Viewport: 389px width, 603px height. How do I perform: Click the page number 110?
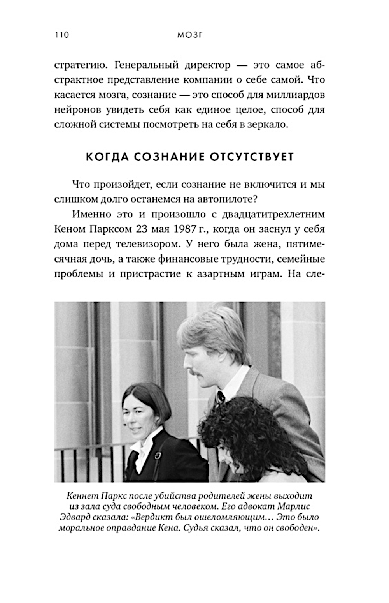[x=62, y=35]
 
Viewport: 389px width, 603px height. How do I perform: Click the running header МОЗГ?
[x=191, y=35]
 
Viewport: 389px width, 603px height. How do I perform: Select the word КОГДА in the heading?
[x=106, y=157]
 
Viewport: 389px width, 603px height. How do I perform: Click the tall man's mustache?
[x=198, y=373]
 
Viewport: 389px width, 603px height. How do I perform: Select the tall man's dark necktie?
[x=221, y=397]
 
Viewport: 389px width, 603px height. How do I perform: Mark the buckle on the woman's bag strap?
[x=158, y=455]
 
